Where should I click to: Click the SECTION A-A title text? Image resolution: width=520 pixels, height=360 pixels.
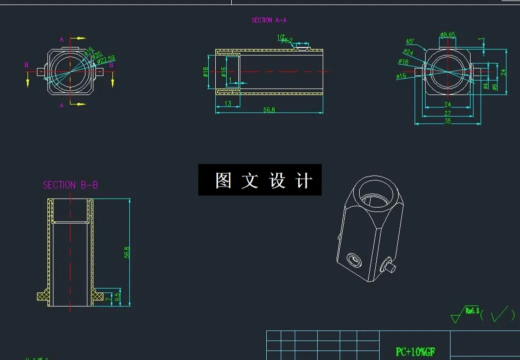click(x=269, y=20)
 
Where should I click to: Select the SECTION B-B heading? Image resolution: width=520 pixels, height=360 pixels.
click(x=70, y=185)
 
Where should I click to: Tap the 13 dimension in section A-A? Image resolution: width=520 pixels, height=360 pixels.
click(x=228, y=103)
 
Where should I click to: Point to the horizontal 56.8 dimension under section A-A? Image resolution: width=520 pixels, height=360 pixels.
click(x=269, y=109)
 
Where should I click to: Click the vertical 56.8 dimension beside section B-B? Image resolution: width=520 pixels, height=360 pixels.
click(x=127, y=251)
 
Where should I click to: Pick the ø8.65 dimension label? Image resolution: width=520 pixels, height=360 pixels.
click(x=448, y=35)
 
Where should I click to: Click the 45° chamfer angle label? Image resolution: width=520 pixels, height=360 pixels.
click(x=410, y=41)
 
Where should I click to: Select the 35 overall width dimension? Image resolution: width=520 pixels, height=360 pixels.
click(x=447, y=121)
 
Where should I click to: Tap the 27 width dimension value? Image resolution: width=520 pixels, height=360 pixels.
click(x=447, y=113)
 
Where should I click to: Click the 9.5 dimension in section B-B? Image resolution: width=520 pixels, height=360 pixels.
click(x=117, y=296)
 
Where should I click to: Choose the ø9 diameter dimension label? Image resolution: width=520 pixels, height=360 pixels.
click(x=494, y=86)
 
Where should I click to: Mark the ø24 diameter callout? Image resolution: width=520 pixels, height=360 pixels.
click(x=408, y=52)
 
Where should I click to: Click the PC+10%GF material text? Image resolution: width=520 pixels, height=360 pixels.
click(x=415, y=352)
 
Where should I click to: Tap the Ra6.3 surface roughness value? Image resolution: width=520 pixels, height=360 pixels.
click(x=472, y=311)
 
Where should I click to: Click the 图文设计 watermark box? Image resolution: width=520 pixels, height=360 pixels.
click(x=260, y=180)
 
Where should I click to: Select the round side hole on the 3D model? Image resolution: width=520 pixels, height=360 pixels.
click(x=354, y=260)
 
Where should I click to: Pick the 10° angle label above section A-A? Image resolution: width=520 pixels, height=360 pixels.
click(x=281, y=37)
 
